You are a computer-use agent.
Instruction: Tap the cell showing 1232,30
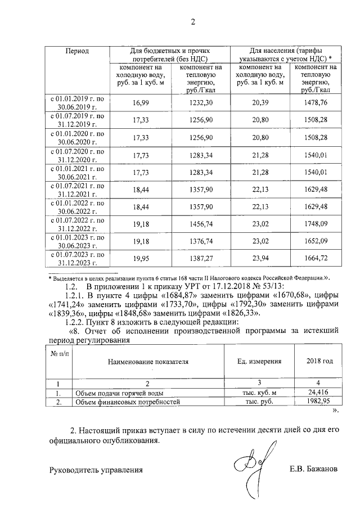(x=201, y=102)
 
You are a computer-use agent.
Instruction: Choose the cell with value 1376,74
(x=201, y=241)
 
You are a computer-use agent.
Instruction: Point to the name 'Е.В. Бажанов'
(x=314, y=469)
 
